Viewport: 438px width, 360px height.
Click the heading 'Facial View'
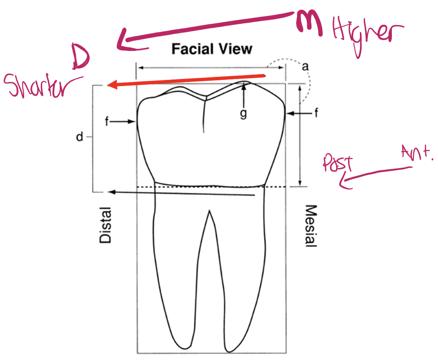pos(212,48)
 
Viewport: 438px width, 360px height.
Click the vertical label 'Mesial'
pos(310,226)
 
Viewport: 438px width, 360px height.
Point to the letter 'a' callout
pos(305,66)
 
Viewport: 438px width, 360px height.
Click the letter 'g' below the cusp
pos(243,114)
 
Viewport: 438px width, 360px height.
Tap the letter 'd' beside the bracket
pos(79,137)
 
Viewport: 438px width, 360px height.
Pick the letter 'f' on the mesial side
pos(315,114)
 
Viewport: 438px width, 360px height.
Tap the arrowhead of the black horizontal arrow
pos(111,192)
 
